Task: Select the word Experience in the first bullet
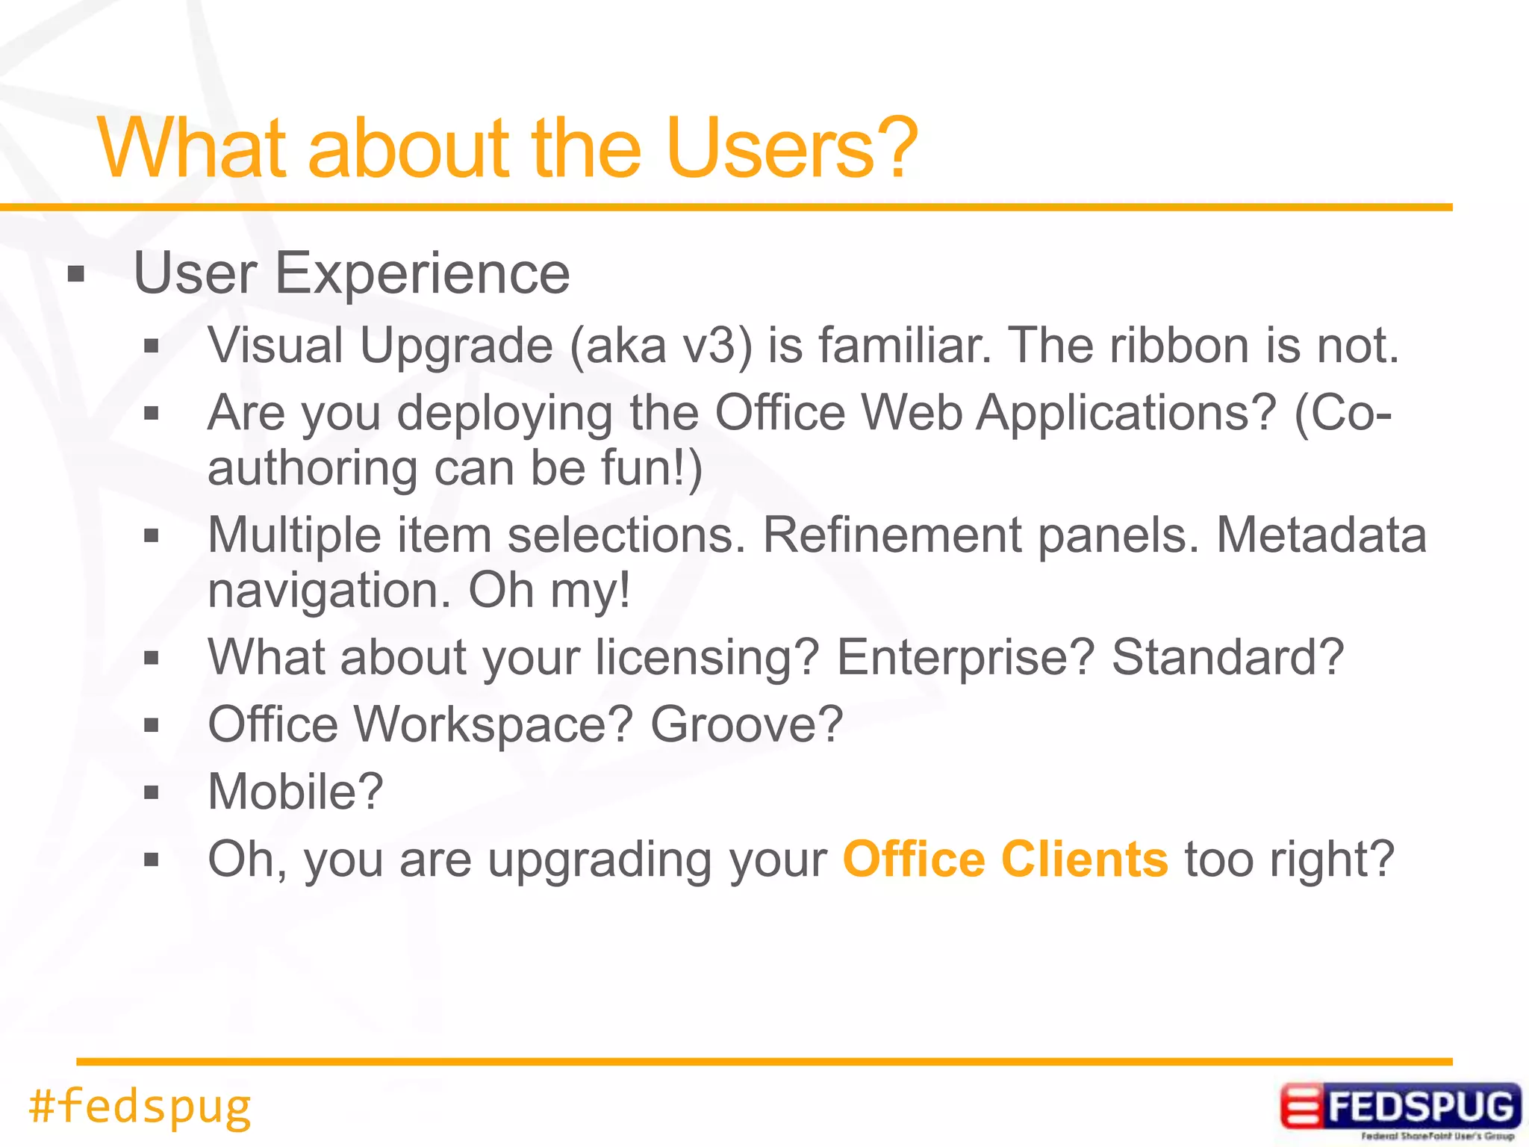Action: pos(422,274)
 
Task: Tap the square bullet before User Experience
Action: pos(75,275)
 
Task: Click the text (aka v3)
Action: pos(660,346)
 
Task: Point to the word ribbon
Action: pos(1179,346)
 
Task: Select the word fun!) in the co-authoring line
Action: pos(652,468)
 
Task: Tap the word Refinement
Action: pos(891,535)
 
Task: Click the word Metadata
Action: pos(1321,535)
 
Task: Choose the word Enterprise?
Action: pos(965,657)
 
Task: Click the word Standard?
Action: pos(1227,657)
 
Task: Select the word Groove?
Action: pos(746,724)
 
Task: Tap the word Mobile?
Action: pos(296,792)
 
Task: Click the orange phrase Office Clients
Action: pos(1005,860)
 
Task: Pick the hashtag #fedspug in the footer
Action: pos(140,1106)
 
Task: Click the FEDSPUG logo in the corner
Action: pos(1400,1108)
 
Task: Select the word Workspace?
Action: pos(493,724)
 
